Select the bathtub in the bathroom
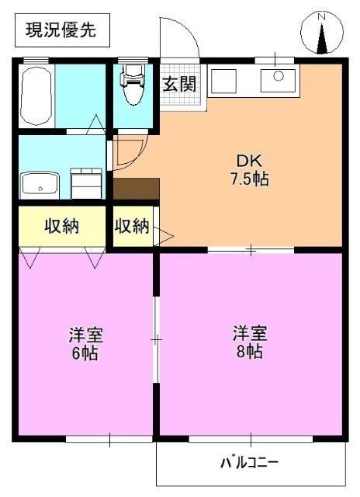click(x=36, y=96)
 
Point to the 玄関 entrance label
click(x=178, y=85)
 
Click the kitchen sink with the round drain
click(x=276, y=79)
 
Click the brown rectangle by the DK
click(x=137, y=189)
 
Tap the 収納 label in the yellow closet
click(x=61, y=227)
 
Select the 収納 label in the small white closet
click(x=132, y=227)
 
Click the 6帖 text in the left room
click(x=85, y=354)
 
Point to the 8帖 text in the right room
click(x=250, y=353)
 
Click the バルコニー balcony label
click(x=249, y=464)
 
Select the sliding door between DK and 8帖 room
click(x=251, y=250)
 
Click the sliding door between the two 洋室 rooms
click(x=155, y=339)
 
